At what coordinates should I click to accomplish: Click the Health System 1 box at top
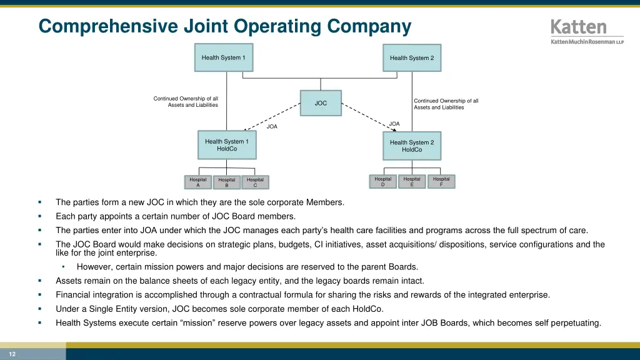click(x=224, y=57)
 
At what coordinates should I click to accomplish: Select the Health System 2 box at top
click(x=412, y=58)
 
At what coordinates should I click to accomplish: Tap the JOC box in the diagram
click(x=321, y=103)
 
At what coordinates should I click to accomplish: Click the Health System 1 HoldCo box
click(x=226, y=145)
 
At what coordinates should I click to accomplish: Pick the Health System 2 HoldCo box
click(x=412, y=146)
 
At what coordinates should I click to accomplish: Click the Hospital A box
click(x=198, y=182)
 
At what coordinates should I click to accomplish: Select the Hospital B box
click(x=227, y=182)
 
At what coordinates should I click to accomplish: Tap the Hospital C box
click(x=255, y=182)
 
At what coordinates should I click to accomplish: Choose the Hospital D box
click(x=383, y=181)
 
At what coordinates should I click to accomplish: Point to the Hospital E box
click(x=412, y=181)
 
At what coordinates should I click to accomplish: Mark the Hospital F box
click(x=441, y=181)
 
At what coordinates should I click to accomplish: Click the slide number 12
click(x=12, y=354)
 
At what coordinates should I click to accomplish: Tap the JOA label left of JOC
click(x=272, y=127)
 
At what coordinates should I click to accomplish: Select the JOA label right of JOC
click(x=394, y=124)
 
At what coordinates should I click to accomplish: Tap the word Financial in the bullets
click(x=74, y=294)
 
